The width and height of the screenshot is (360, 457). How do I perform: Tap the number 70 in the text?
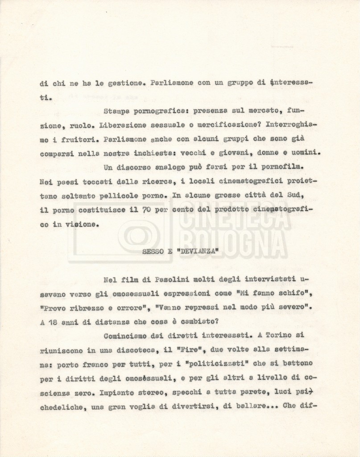[146, 210]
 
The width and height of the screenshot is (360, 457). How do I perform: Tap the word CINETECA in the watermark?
[234, 217]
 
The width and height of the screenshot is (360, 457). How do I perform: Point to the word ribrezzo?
[87, 308]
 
